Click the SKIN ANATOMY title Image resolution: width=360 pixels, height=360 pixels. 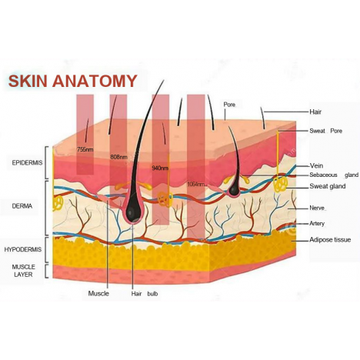(72, 81)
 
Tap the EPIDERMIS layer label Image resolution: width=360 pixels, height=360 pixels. (27, 163)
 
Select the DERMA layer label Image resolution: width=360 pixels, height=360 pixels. (22, 206)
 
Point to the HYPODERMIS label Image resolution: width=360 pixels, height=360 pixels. (23, 249)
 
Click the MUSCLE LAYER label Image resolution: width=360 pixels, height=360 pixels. (23, 271)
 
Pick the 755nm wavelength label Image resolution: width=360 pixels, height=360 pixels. (85, 149)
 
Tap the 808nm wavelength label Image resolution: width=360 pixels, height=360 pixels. (118, 157)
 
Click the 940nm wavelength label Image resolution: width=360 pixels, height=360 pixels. (160, 168)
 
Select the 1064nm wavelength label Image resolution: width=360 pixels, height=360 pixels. (197, 184)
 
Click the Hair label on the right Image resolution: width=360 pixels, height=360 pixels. (315, 112)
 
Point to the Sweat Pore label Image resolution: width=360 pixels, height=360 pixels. (326, 131)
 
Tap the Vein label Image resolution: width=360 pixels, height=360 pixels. (316, 165)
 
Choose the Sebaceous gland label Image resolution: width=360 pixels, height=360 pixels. (334, 175)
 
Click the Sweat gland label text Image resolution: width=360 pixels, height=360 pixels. (328, 186)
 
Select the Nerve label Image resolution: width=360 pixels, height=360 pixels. (317, 208)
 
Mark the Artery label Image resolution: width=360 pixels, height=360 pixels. (317, 223)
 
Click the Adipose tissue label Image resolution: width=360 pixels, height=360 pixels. (330, 240)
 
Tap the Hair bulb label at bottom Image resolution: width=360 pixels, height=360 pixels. (145, 294)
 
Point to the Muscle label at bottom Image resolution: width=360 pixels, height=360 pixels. (98, 294)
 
